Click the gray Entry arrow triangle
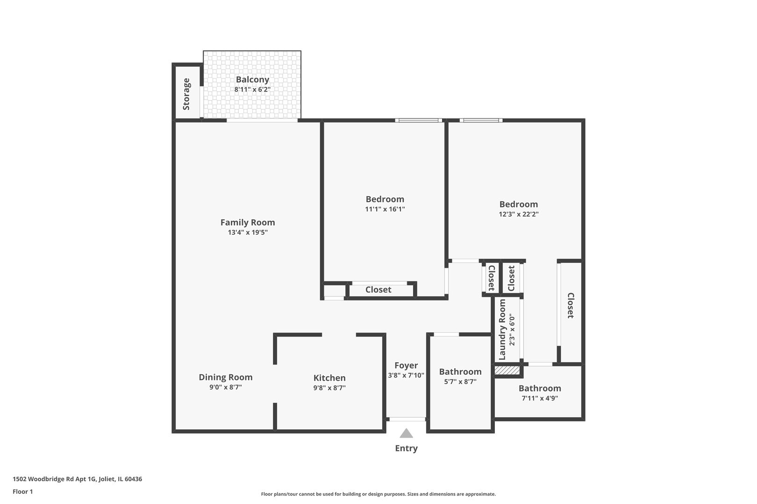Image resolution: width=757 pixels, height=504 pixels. tap(406, 434)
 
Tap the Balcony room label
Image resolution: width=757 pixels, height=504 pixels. tap(252, 79)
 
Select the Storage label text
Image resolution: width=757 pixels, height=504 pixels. tap(186, 94)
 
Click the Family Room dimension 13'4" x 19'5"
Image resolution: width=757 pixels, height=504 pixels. tap(248, 232)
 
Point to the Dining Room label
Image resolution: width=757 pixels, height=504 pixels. tap(225, 377)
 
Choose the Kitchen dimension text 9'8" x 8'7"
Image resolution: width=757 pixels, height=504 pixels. tap(329, 388)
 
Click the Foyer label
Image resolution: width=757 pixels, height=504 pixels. tap(406, 365)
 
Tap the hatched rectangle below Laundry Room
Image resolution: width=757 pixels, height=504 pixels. tap(507, 370)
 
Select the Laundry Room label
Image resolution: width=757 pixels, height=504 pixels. tap(502, 329)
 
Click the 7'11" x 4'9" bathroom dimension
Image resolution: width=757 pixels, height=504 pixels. tap(540, 399)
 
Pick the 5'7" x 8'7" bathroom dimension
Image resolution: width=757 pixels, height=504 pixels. tap(460, 382)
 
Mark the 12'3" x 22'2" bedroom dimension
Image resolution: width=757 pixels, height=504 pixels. tap(519, 214)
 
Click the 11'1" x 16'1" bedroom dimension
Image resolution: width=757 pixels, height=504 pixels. tap(385, 209)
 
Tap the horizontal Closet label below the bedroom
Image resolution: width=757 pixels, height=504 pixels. tap(378, 290)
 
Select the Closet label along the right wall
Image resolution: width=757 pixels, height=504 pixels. tap(571, 306)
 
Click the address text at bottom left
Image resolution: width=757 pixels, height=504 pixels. tap(77, 479)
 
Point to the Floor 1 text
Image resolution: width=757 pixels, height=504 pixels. tap(23, 491)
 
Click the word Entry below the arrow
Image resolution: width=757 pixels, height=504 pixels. tap(406, 448)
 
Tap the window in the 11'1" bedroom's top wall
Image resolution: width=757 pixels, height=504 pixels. tap(419, 120)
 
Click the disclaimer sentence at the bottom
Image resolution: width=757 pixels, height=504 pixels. tap(378, 494)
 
